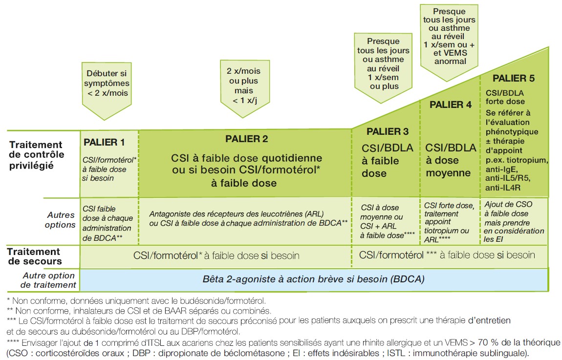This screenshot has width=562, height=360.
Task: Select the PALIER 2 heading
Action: click(246, 139)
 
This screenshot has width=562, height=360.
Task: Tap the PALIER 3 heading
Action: click(387, 131)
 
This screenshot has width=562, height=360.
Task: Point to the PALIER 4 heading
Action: click(451, 105)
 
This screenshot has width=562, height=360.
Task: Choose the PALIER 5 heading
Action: click(514, 78)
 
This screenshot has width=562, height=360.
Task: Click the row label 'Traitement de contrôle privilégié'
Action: click(37, 155)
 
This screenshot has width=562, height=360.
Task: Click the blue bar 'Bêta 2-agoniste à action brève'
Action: click(313, 280)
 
